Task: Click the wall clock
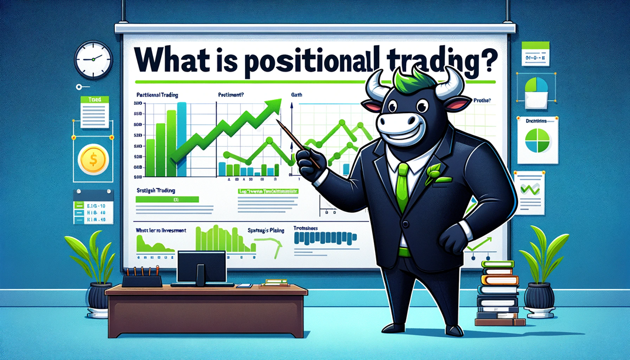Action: coord(93,59)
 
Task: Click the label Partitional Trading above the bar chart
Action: coord(158,95)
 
